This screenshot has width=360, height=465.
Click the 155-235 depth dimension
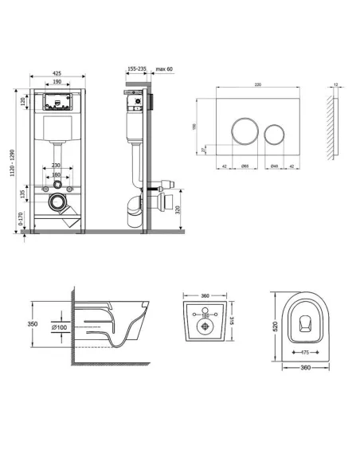point(136,70)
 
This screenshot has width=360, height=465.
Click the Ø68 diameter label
point(245,166)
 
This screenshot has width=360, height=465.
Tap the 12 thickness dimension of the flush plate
point(337,84)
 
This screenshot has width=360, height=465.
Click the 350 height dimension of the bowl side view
point(33,325)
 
